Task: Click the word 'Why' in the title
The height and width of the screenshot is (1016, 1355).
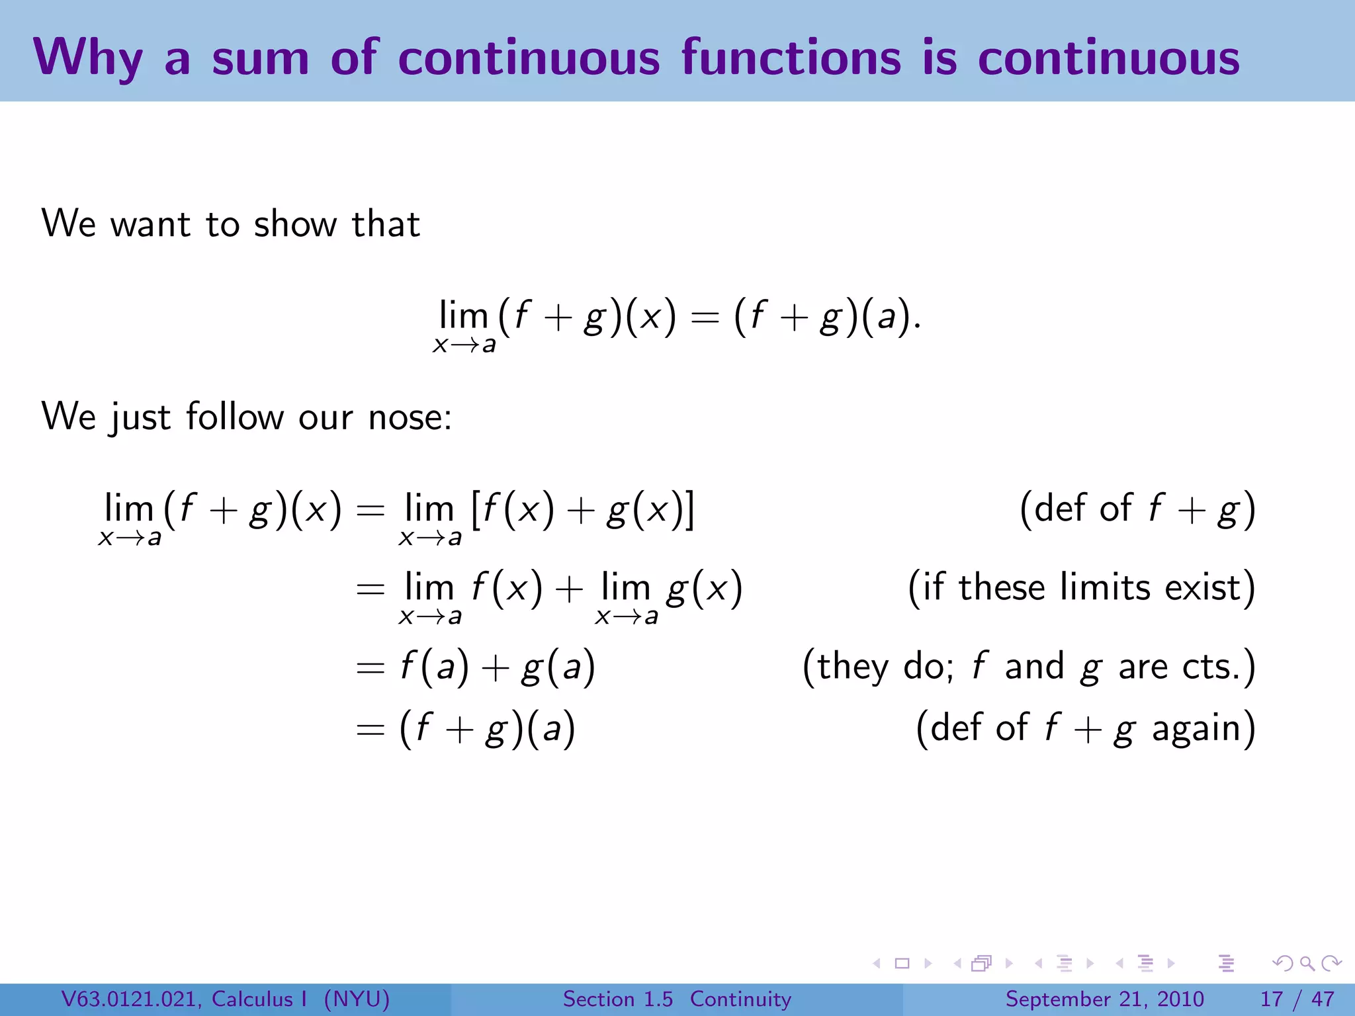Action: tap(88, 58)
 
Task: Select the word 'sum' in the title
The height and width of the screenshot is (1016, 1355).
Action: tap(261, 58)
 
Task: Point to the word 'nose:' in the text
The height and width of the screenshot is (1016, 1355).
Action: tap(410, 417)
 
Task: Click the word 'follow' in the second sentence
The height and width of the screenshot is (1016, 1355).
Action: tap(235, 417)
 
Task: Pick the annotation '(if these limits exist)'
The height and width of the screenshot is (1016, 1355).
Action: tap(1081, 587)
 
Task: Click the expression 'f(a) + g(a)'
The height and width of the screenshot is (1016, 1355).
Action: tap(498, 667)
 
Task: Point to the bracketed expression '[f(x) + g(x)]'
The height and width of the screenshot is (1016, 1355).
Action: tap(582, 510)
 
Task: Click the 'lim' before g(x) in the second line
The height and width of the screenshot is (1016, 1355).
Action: tap(626, 587)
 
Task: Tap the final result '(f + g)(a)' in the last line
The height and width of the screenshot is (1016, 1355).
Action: tap(488, 729)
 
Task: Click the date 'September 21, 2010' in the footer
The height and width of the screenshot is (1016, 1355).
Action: tap(1104, 999)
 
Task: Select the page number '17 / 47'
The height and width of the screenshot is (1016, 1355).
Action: tap(1297, 999)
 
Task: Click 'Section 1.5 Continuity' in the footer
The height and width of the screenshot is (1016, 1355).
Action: tap(677, 999)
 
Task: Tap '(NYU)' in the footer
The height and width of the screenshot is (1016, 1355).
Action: tap(357, 999)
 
